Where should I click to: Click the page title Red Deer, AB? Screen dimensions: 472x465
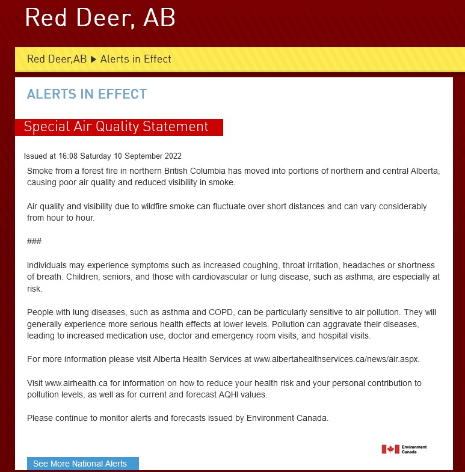[x=100, y=18]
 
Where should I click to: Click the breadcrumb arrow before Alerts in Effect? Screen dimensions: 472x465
[x=93, y=59]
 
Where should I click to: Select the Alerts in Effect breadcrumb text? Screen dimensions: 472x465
[x=135, y=59]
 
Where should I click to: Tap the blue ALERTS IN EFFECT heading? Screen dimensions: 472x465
[x=87, y=94]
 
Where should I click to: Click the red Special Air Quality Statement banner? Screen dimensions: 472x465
[x=119, y=127]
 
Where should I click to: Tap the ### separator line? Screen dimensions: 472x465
[x=34, y=242]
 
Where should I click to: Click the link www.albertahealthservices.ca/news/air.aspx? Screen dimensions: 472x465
[x=336, y=359]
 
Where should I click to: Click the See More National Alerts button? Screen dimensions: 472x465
[x=82, y=464]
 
